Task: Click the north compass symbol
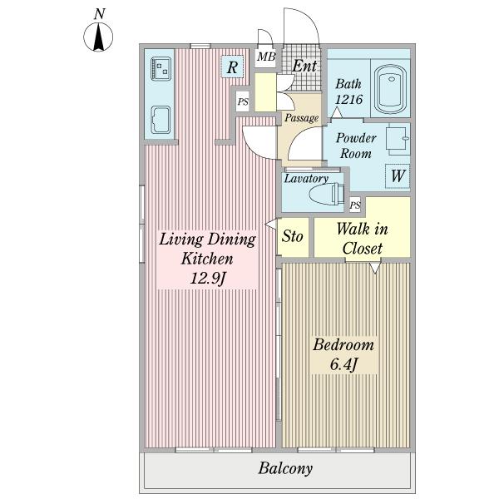[x=98, y=37]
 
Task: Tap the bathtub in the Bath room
[x=391, y=90]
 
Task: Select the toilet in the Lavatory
[x=327, y=193]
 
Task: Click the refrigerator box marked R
[x=233, y=67]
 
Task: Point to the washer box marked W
[x=398, y=176]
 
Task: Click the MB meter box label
[x=266, y=57]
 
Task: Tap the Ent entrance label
[x=304, y=66]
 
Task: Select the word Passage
[x=301, y=118]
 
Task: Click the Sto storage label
[x=293, y=236]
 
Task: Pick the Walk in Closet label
[x=362, y=239]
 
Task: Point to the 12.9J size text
[x=208, y=279]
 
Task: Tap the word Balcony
[x=285, y=468]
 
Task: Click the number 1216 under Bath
[x=348, y=99]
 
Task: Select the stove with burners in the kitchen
[x=161, y=69]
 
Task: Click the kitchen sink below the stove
[x=160, y=120]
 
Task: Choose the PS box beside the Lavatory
[x=355, y=205]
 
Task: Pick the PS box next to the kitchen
[x=243, y=101]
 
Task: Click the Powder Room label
[x=356, y=146]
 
